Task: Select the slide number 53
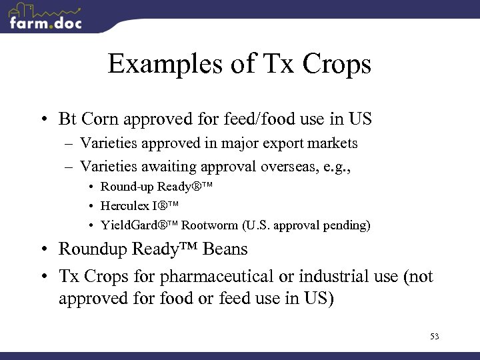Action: click(434, 337)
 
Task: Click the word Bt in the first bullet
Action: click(67, 120)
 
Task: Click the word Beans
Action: click(225, 249)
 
